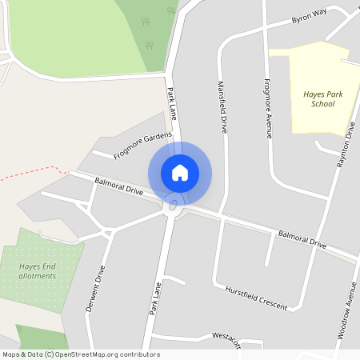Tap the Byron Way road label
[310, 17]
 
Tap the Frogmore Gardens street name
[142, 145]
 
